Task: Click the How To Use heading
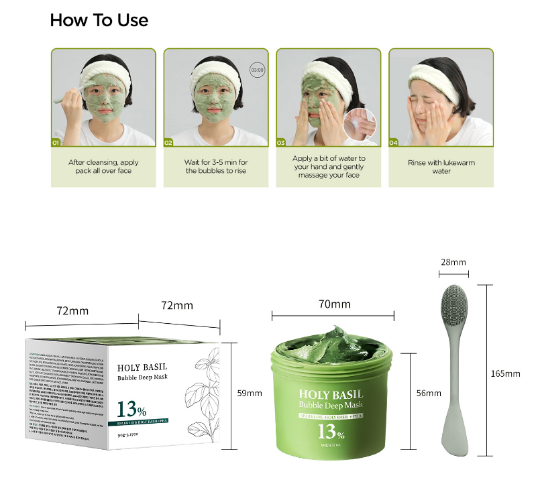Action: pos(99,21)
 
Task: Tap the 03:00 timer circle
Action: pos(258,69)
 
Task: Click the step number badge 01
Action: pos(56,142)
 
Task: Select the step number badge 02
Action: pos(168,142)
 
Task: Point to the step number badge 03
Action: pos(281,142)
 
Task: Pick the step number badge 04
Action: pos(394,142)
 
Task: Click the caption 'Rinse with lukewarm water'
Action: pos(441,167)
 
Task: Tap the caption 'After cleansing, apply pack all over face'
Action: pos(104,167)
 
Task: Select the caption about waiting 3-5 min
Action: pos(216,167)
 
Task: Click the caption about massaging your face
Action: pos(329,167)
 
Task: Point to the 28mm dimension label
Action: pos(453,262)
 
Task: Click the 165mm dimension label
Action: pos(505,373)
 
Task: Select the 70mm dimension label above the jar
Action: pos(334,304)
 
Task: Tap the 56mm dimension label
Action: pos(429,393)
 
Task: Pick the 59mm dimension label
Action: pos(250,393)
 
